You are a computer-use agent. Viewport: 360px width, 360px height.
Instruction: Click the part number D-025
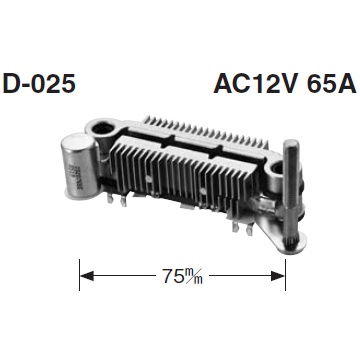point(39,83)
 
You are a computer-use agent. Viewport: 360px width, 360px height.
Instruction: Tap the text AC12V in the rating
point(255,83)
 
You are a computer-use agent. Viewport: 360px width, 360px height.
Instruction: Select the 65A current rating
point(331,83)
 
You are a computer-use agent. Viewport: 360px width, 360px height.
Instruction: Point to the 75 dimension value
point(171,276)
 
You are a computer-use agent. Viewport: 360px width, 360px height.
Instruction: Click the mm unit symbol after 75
point(192,276)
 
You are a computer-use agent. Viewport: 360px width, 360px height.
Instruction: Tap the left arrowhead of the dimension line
point(87,276)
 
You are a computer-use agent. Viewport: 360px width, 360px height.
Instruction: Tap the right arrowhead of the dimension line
point(278,276)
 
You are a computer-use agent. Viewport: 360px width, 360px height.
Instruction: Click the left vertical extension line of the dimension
point(80,275)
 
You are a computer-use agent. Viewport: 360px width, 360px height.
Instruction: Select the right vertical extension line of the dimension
point(286,275)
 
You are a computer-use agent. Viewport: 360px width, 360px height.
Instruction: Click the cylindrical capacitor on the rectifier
point(80,166)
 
